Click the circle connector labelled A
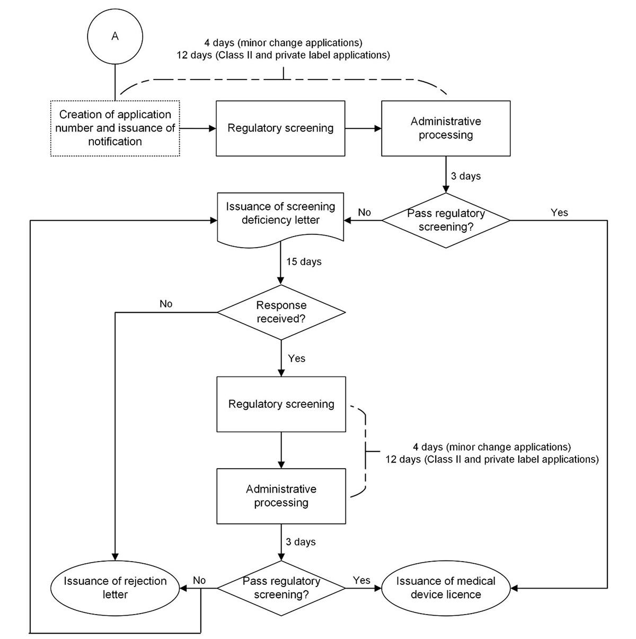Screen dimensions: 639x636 (x=115, y=36)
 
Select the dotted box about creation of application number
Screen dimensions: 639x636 (x=115, y=128)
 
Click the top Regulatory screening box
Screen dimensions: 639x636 (x=280, y=128)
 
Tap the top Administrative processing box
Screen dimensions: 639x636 (x=446, y=128)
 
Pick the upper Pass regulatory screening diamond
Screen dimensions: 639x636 (x=446, y=220)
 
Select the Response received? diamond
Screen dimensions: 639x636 (x=281, y=312)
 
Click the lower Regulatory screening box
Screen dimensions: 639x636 (x=281, y=404)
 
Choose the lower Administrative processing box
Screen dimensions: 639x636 (x=281, y=496)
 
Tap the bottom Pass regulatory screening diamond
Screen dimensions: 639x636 (x=281, y=588)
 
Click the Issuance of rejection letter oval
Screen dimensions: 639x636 (x=115, y=588)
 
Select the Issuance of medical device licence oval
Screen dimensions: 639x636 (x=446, y=588)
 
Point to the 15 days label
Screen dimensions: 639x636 (x=304, y=262)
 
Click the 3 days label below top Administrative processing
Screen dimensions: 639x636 (x=465, y=176)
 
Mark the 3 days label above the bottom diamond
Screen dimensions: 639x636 (x=301, y=542)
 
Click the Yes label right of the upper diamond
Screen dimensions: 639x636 (x=559, y=213)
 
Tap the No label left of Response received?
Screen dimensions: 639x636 (x=166, y=304)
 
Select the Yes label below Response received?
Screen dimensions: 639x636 (x=297, y=358)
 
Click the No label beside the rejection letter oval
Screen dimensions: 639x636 (x=199, y=580)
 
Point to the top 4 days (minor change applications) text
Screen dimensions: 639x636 (x=283, y=42)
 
